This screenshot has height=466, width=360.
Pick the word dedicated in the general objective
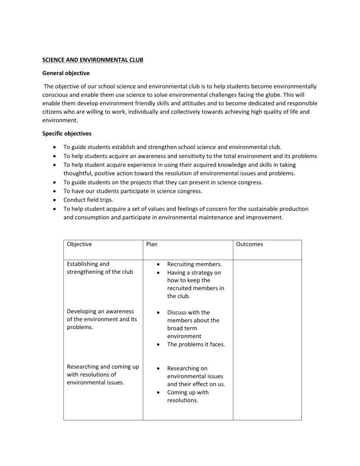(x=251, y=103)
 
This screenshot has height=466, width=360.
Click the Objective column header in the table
(x=79, y=244)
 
